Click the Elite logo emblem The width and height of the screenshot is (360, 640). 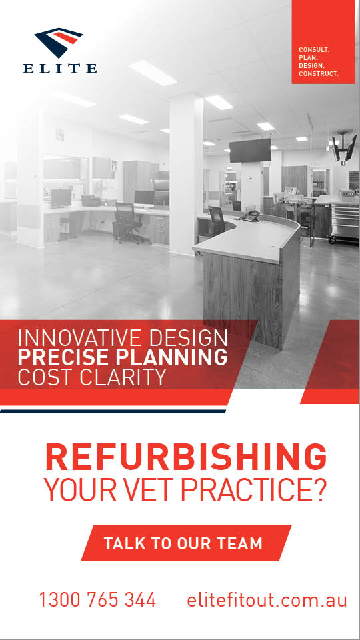point(59,42)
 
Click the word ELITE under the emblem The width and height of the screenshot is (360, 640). point(60,68)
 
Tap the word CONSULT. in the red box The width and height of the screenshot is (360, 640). point(314,50)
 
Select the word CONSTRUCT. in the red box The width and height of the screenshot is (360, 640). point(319,74)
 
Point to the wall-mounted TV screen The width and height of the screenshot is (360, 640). point(250,150)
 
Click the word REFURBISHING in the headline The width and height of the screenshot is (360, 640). point(186,457)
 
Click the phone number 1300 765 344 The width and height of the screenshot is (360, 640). point(97,599)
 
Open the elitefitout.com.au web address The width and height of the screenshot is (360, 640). point(267,599)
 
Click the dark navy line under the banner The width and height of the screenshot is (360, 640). point(113,411)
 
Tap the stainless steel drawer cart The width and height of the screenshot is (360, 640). point(345,223)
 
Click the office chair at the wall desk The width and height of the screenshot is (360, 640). point(127,223)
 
